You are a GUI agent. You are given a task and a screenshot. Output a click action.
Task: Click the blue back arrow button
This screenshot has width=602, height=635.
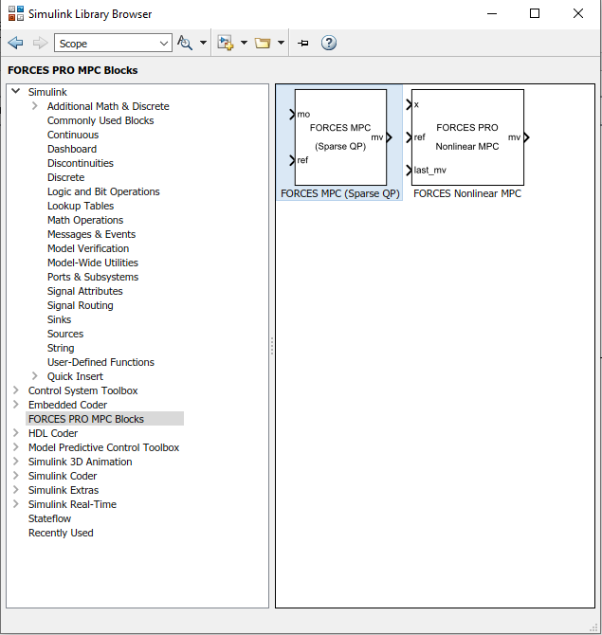click(15, 43)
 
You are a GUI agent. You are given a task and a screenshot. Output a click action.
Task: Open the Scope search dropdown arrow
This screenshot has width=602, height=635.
click(164, 43)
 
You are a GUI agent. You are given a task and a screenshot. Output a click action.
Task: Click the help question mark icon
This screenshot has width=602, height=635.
click(329, 43)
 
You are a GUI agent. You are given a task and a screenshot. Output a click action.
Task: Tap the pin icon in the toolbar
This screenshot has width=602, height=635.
click(303, 43)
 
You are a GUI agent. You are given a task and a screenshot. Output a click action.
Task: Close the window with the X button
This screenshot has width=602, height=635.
click(578, 13)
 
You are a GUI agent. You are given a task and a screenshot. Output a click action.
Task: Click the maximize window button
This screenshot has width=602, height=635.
click(535, 13)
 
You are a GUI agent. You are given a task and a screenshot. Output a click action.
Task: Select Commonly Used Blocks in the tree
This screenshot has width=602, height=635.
click(100, 120)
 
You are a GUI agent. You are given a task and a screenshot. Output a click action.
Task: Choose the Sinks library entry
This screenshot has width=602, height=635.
click(59, 319)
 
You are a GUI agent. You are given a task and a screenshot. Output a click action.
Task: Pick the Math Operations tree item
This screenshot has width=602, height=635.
click(85, 220)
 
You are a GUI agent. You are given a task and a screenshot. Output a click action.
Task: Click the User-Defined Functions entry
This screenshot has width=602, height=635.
click(100, 362)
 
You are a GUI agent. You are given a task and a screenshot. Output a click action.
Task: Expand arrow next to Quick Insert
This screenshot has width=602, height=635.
click(35, 376)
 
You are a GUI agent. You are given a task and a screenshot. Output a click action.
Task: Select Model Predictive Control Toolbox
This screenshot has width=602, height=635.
click(103, 447)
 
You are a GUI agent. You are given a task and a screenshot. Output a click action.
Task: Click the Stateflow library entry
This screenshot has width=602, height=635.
click(49, 518)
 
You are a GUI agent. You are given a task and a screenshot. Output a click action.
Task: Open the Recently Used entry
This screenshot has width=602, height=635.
click(61, 533)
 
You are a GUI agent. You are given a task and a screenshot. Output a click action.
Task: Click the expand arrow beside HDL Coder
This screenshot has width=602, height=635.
click(16, 433)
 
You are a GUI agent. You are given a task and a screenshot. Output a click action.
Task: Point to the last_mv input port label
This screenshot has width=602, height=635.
click(429, 170)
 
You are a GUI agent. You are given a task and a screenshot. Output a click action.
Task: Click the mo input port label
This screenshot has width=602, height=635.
click(303, 114)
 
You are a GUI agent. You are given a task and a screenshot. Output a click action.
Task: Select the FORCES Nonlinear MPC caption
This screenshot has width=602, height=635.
click(467, 193)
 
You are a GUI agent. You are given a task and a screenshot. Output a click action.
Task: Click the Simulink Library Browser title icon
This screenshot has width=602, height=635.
click(16, 13)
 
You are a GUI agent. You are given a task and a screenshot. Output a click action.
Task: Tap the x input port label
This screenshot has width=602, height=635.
click(416, 104)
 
